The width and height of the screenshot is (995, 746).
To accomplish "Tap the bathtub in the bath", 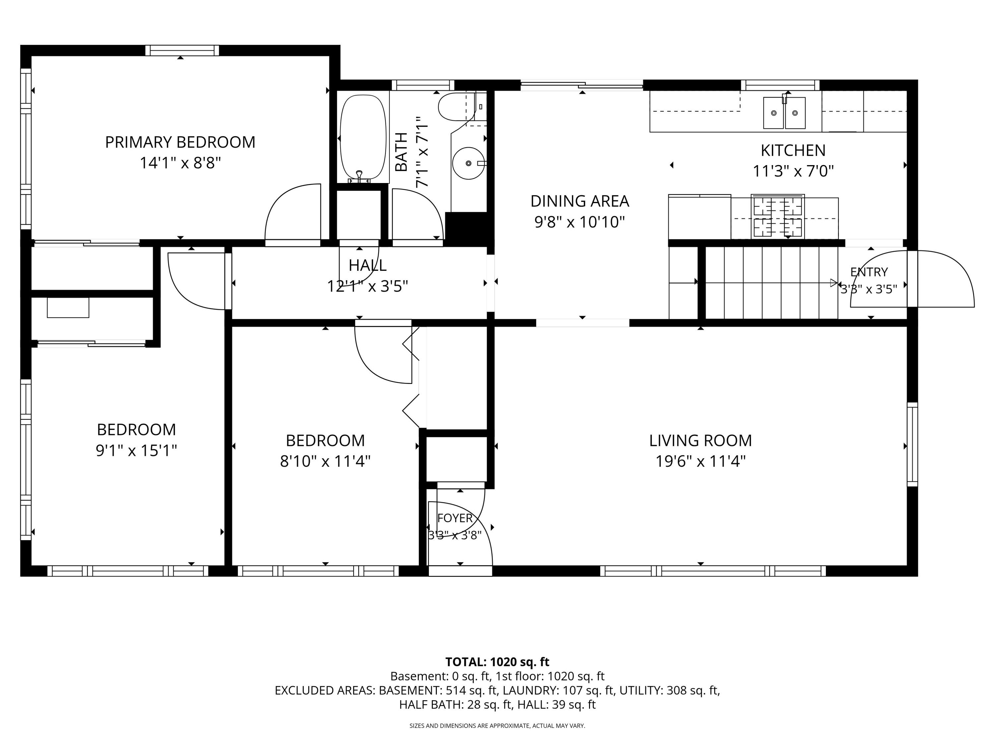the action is (x=363, y=138).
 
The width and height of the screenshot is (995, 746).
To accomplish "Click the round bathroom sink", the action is (x=468, y=163).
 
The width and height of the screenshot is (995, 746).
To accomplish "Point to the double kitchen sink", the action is (x=784, y=112).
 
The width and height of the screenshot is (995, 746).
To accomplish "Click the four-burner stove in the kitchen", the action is (x=778, y=216).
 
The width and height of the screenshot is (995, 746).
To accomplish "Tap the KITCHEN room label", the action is (x=793, y=150).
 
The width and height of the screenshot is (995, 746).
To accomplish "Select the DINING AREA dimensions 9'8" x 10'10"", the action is (x=580, y=222).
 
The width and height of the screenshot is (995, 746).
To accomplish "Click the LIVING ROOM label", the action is (x=700, y=440).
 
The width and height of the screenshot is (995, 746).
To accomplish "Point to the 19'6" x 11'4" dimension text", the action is (x=700, y=462).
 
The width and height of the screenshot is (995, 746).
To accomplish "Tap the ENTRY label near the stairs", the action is (x=869, y=272).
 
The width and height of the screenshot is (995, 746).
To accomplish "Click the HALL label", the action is (x=367, y=265).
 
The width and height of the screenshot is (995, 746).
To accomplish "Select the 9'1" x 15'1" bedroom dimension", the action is (x=136, y=451).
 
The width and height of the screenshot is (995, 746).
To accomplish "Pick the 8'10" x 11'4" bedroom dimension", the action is (x=325, y=462).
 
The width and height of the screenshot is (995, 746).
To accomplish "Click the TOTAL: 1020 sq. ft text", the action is (x=497, y=662).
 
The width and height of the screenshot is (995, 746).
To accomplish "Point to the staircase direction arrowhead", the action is (x=834, y=283).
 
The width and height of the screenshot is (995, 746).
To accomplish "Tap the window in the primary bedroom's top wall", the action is (x=182, y=50).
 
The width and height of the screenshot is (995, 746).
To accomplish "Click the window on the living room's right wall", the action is (x=912, y=444).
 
